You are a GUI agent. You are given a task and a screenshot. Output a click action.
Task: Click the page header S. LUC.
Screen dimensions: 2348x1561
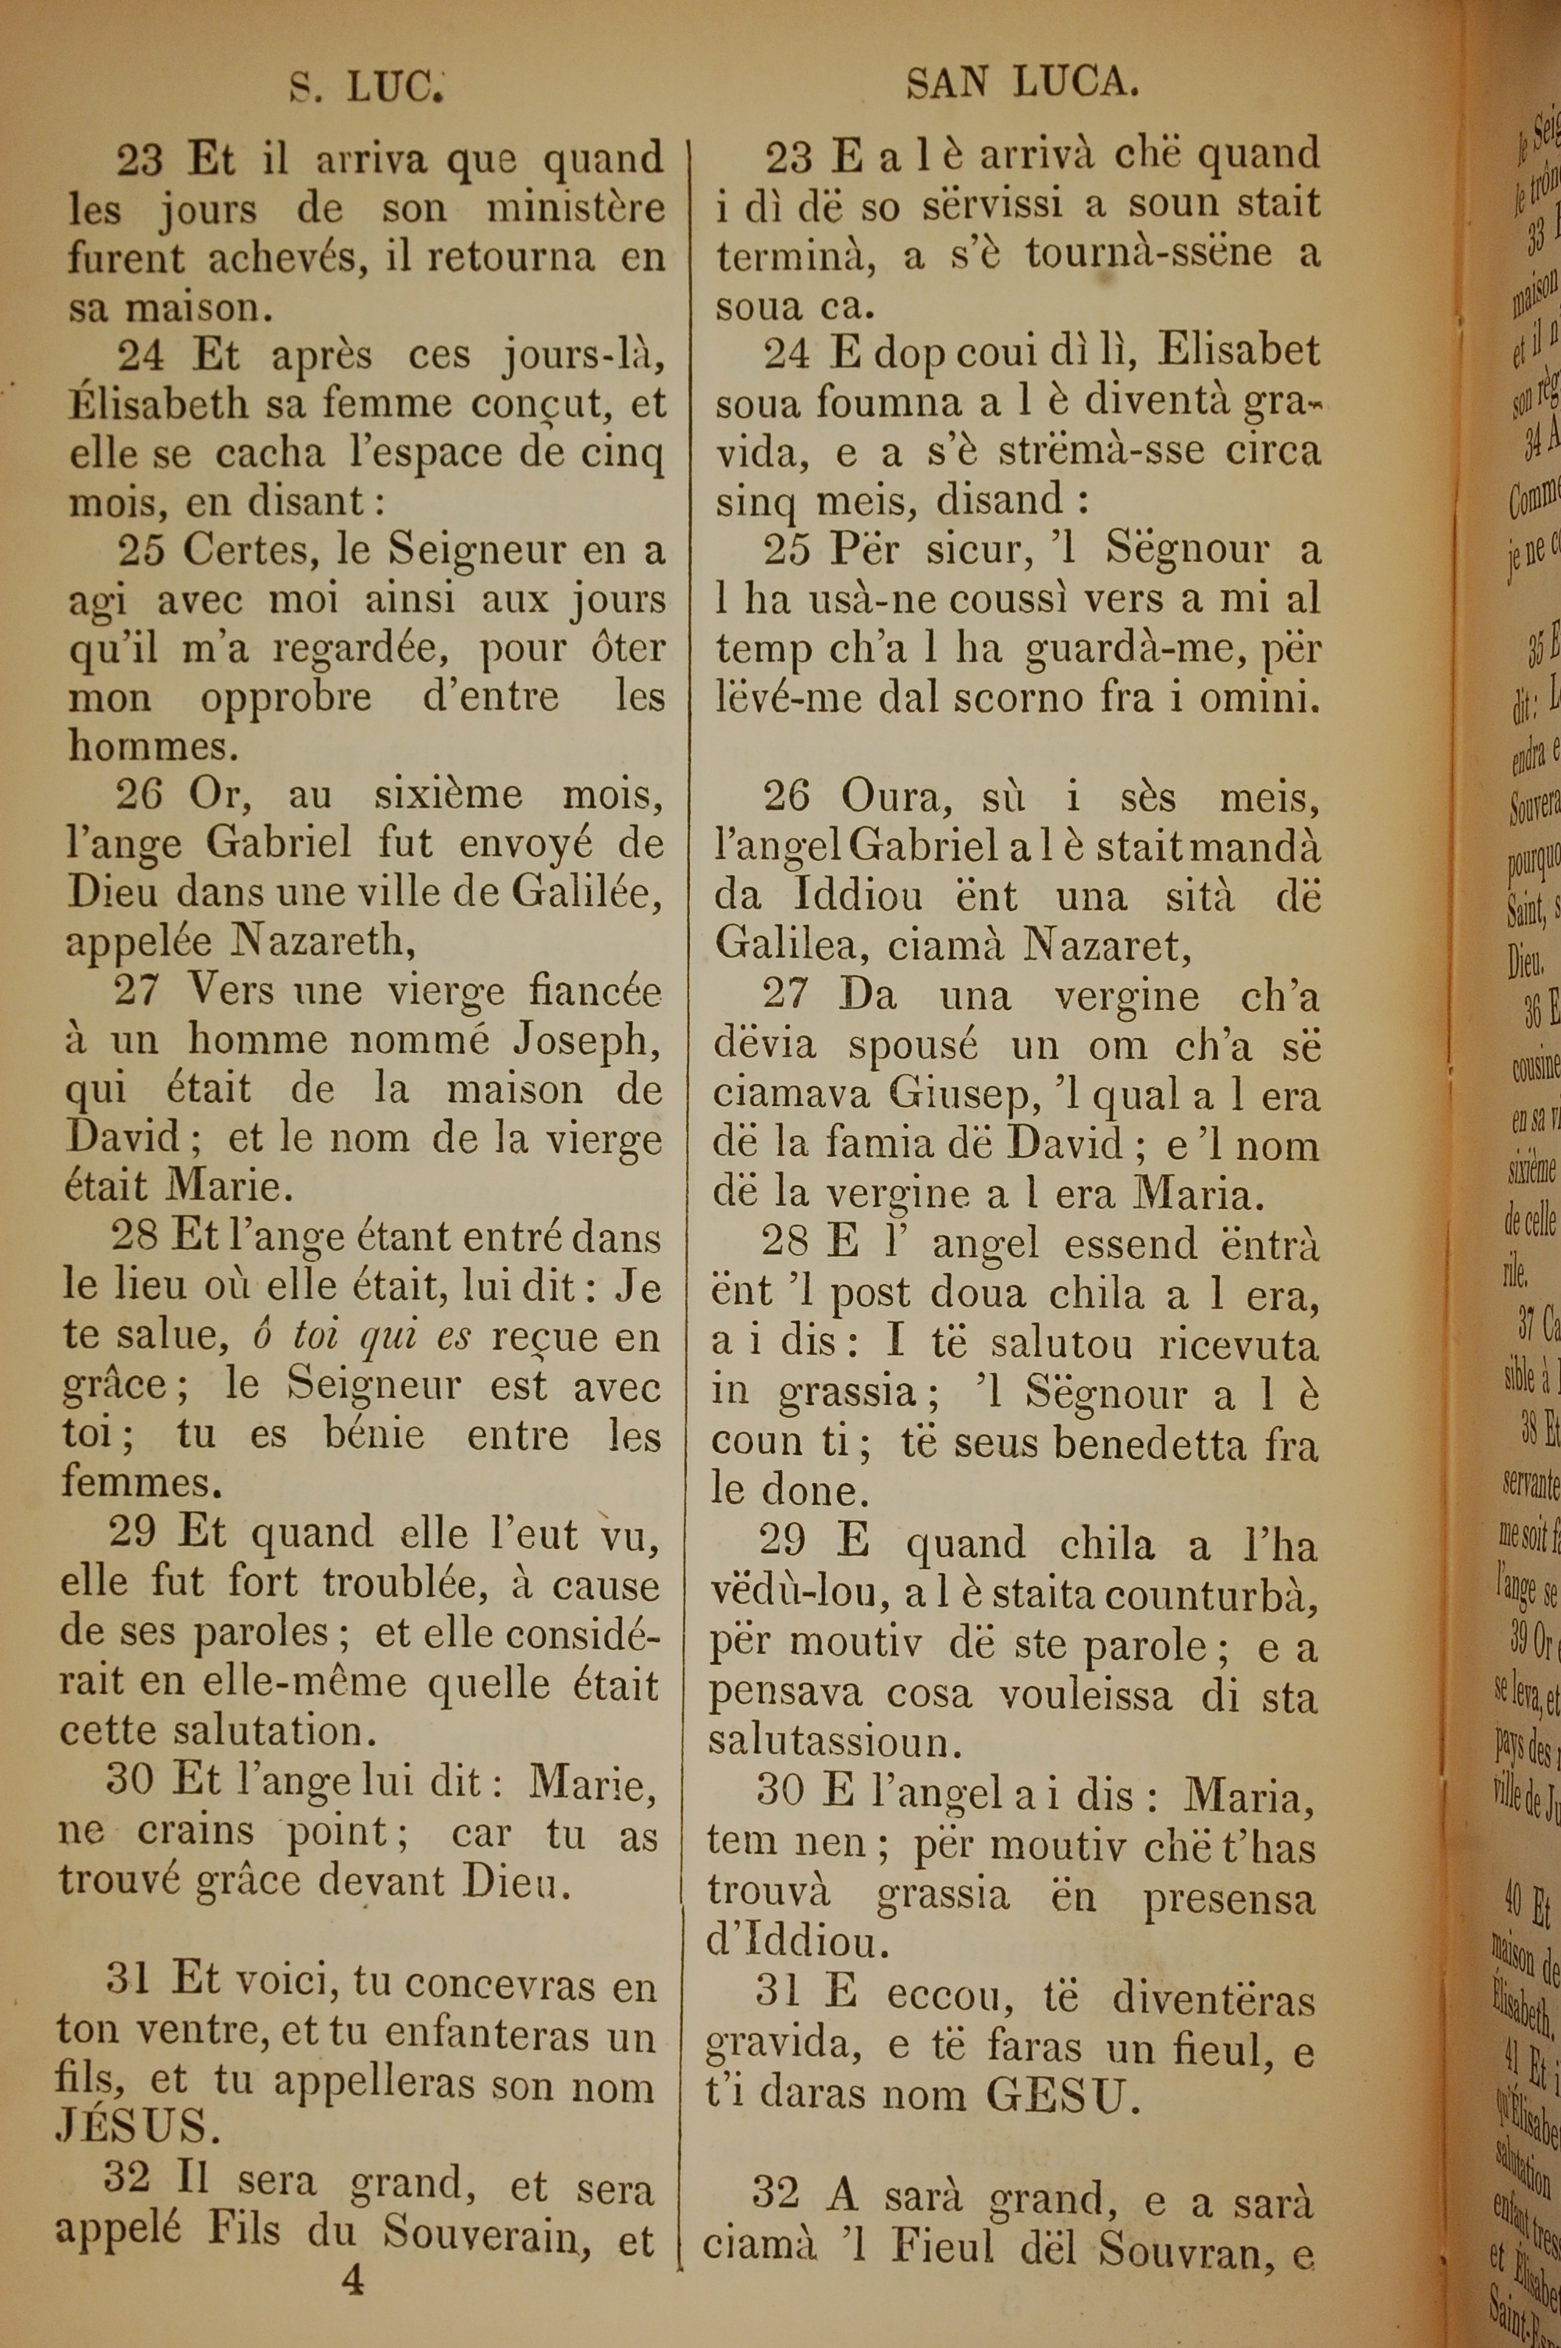coord(365,88)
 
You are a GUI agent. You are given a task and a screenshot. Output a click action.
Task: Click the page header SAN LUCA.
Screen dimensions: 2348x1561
coord(1022,84)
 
